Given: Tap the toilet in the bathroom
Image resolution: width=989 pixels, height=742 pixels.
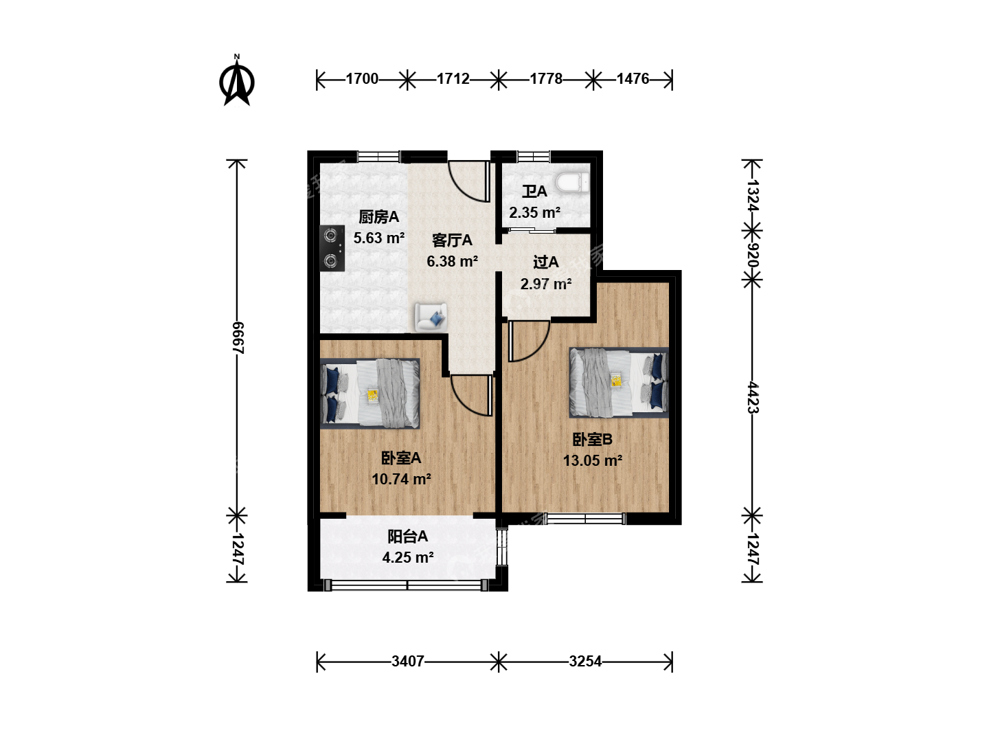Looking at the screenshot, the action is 572,183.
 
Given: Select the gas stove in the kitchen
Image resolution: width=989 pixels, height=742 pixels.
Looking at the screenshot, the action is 332,248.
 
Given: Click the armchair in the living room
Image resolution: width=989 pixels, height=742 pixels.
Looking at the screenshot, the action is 431,317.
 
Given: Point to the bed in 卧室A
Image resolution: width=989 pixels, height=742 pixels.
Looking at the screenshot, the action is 370,393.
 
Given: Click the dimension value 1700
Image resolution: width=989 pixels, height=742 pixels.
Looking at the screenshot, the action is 362,79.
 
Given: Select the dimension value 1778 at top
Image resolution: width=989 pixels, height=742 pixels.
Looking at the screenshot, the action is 545,79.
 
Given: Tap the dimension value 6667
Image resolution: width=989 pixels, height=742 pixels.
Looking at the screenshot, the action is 238,338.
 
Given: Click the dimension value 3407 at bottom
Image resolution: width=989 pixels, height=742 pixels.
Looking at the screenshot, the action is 408,662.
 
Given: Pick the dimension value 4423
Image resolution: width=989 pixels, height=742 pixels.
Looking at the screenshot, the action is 753,397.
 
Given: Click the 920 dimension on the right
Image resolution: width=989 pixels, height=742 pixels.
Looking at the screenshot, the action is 753,256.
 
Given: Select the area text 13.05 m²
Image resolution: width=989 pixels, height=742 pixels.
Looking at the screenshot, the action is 593,460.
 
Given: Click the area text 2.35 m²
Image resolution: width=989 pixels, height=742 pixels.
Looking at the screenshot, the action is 535,212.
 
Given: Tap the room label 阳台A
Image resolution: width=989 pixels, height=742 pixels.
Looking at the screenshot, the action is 407,536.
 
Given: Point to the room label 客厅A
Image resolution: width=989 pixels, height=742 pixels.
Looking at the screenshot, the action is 452,240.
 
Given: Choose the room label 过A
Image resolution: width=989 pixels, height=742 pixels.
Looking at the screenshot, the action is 545,262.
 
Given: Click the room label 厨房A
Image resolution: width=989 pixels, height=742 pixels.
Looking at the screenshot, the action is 378,217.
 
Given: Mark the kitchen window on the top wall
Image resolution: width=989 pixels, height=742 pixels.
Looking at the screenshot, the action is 378,157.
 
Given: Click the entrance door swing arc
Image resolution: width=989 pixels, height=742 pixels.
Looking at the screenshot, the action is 464,187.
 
